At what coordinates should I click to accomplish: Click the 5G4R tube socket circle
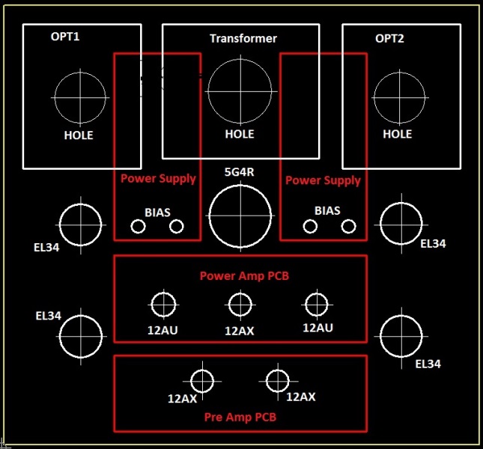pyautogui.click(x=240, y=216)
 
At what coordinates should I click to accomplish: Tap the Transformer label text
pyautogui.click(x=243, y=38)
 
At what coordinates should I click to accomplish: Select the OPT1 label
pyautogui.click(x=64, y=37)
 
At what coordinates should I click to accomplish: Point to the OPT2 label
pyautogui.click(x=389, y=38)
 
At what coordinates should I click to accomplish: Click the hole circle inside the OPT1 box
pyautogui.click(x=80, y=98)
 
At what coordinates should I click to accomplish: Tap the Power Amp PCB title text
pyautogui.click(x=244, y=275)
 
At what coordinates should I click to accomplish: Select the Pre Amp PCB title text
pyautogui.click(x=240, y=417)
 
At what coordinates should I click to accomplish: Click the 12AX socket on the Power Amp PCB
pyautogui.click(x=240, y=304)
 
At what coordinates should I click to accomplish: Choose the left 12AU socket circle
pyautogui.click(x=163, y=304)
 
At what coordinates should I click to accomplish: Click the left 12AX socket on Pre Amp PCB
pyautogui.click(x=203, y=381)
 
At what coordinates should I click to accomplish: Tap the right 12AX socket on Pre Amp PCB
pyautogui.click(x=278, y=380)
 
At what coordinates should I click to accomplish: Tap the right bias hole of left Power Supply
pyautogui.click(x=177, y=226)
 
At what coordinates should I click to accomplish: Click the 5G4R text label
pyautogui.click(x=240, y=172)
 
